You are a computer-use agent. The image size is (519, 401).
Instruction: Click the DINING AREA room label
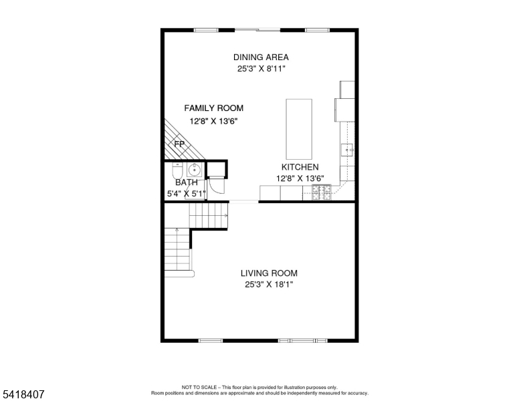coord(261,57)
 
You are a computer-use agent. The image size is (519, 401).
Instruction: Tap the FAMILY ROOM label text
coord(214,108)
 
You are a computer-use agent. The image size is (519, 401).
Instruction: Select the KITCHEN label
coord(300,167)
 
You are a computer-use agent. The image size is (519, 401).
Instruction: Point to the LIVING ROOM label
coord(269,273)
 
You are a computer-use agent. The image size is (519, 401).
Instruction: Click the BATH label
coord(187,182)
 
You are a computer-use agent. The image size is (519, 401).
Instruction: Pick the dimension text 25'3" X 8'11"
coord(261,69)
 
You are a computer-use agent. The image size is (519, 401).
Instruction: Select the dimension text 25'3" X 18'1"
coord(269,284)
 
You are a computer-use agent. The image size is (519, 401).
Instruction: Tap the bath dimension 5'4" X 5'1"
coord(187,194)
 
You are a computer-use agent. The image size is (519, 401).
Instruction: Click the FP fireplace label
coord(179,144)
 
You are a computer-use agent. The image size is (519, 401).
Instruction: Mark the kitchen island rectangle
coord(299,129)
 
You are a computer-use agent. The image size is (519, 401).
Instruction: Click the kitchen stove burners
coord(322,192)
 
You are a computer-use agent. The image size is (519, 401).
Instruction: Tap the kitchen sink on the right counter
coord(347,150)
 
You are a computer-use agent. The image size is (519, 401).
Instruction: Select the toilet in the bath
coord(177,170)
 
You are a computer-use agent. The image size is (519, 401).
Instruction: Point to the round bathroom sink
coord(195,170)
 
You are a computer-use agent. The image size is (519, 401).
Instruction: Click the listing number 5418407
coord(23,394)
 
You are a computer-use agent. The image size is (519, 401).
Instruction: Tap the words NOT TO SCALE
coord(199,387)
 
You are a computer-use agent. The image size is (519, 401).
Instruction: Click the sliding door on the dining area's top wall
coord(257,30)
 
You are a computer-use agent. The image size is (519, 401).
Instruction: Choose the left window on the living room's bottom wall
coord(211,340)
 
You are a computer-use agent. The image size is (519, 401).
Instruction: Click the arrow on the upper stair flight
coord(226,216)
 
